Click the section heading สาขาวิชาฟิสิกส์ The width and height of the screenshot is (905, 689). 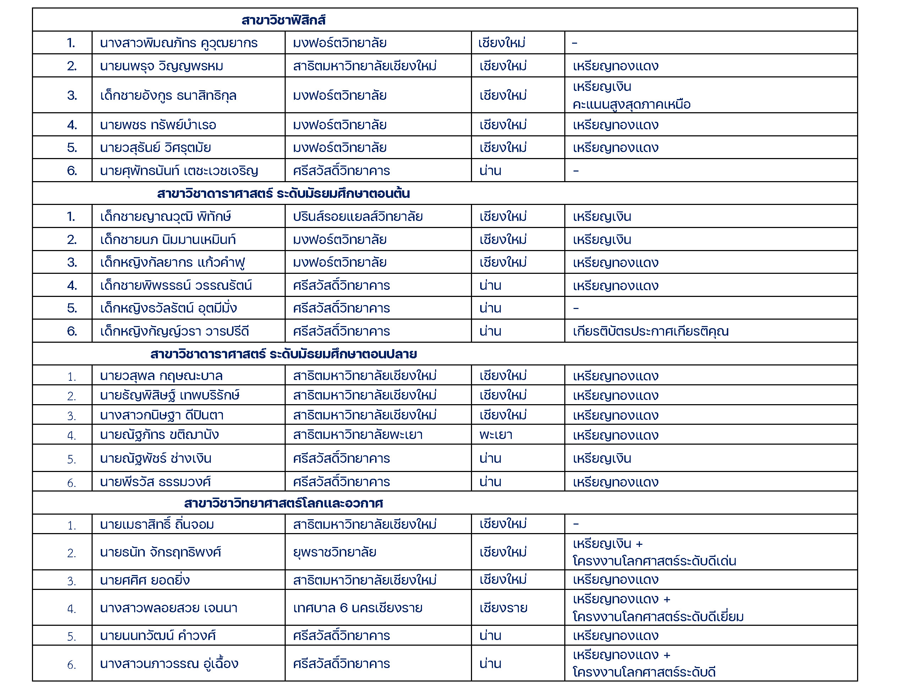(x=283, y=20)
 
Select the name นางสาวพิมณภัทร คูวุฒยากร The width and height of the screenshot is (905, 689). (x=179, y=43)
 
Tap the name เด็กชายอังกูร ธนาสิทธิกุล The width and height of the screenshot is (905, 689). (x=168, y=96)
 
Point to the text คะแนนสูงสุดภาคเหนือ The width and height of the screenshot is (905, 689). (x=631, y=104)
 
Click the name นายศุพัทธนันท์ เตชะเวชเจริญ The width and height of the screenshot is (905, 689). (x=179, y=170)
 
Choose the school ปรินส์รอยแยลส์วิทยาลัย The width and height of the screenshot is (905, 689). (x=357, y=217)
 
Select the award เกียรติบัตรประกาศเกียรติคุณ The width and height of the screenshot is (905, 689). (x=651, y=331)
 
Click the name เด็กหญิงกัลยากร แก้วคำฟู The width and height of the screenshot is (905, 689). (x=172, y=262)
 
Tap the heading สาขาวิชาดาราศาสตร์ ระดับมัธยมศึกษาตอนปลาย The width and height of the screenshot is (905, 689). (x=283, y=354)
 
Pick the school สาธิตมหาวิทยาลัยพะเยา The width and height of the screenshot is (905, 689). (x=357, y=435)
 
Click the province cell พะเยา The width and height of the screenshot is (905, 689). (x=495, y=435)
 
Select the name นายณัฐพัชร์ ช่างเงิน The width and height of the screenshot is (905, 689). (x=156, y=459)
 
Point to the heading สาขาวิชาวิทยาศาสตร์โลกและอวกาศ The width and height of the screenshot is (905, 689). (x=283, y=503)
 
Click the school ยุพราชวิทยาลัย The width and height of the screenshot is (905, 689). (x=334, y=552)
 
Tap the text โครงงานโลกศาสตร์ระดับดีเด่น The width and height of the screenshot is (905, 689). (x=654, y=561)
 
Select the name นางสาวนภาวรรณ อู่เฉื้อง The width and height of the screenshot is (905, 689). (x=169, y=663)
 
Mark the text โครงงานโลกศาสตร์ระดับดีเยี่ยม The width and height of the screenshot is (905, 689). (x=658, y=617)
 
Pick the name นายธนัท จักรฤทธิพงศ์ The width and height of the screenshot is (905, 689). (x=160, y=552)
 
